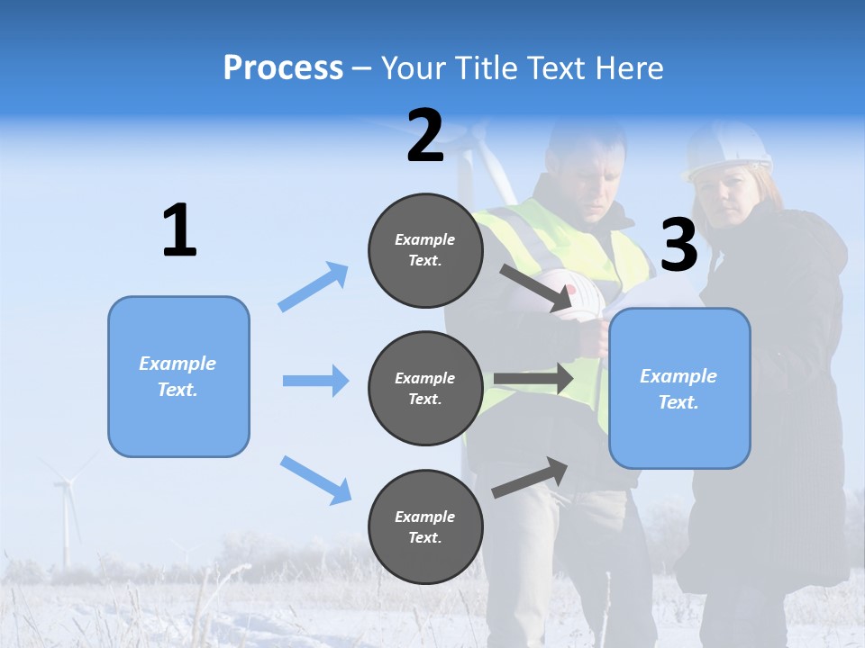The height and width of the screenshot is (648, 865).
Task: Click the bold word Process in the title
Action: (x=283, y=67)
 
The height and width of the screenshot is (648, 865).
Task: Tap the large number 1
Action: (x=179, y=230)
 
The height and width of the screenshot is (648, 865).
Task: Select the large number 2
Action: (x=425, y=136)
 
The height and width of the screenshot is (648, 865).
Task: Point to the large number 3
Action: (x=678, y=245)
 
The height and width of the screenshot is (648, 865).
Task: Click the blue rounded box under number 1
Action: (x=178, y=376)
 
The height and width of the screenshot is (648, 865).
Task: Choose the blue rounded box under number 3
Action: (x=679, y=389)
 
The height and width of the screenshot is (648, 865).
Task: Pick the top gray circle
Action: (x=425, y=250)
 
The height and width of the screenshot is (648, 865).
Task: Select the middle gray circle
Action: (x=425, y=388)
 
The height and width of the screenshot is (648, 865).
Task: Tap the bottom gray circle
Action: (x=425, y=526)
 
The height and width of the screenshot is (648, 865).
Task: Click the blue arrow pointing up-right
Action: (x=314, y=286)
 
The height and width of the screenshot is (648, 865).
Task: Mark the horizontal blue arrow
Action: (x=315, y=381)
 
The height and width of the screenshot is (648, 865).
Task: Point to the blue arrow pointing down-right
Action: (x=315, y=479)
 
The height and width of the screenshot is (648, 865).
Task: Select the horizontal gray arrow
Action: (x=533, y=379)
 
